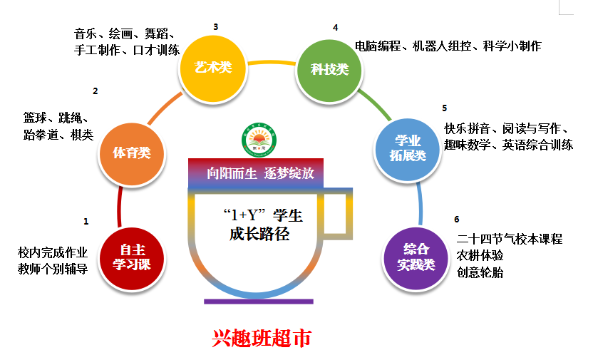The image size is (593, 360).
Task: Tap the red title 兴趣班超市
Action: click(261, 338)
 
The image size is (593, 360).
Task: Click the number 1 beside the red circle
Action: click(86, 222)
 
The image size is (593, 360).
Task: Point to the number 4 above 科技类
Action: click(335, 28)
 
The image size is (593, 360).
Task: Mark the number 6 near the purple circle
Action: click(456, 220)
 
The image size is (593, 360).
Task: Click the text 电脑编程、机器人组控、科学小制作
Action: click(448, 46)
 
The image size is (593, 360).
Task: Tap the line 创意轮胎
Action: click(480, 272)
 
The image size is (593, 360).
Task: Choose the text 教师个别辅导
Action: click(53, 269)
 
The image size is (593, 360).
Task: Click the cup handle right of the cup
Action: click(341, 212)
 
